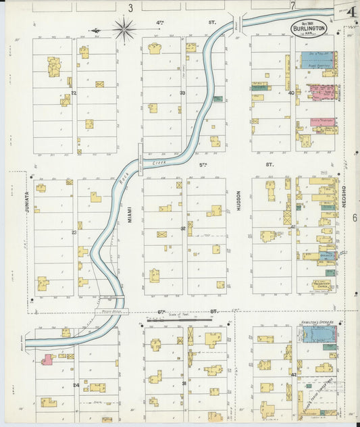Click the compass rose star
(x=124, y=29)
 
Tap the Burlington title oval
(x=309, y=28)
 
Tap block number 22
(x=74, y=93)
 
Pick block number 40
(x=291, y=93)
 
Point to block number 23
(x=74, y=232)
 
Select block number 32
(x=182, y=229)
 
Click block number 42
(x=294, y=374)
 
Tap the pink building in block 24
(x=47, y=359)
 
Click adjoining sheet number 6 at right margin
(x=353, y=218)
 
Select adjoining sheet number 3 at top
(x=130, y=7)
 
